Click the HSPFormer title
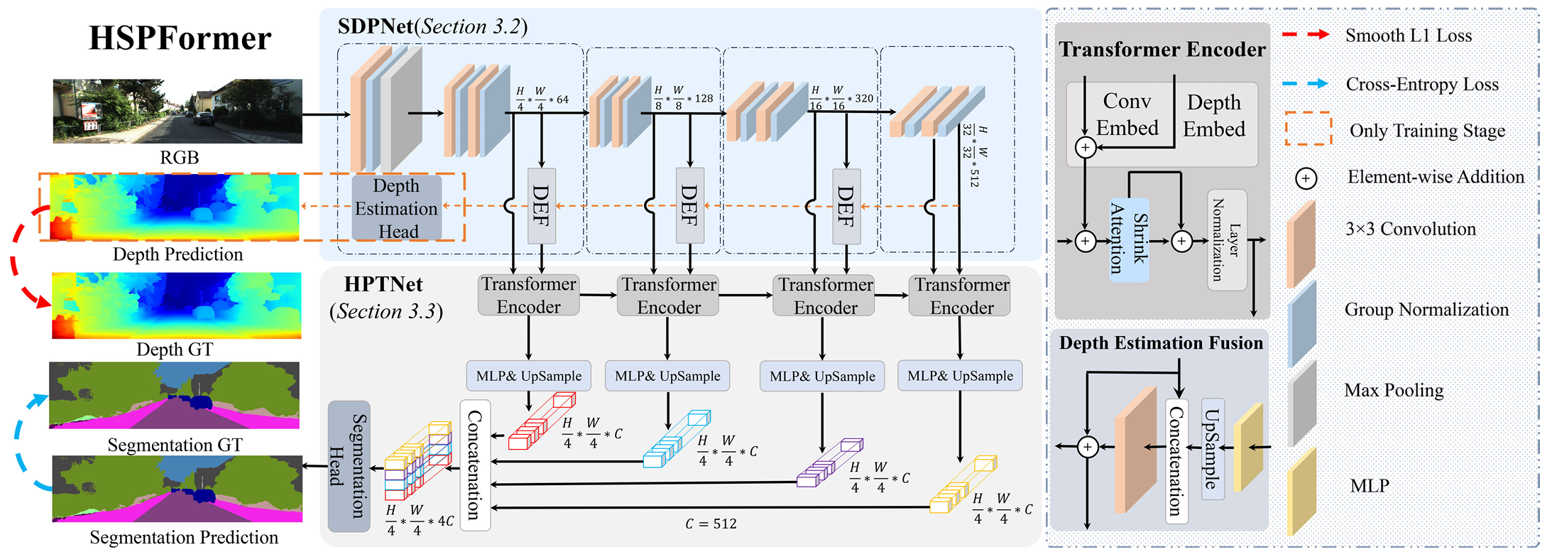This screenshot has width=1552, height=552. point(180,38)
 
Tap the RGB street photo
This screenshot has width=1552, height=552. point(177,111)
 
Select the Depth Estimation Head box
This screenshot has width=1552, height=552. point(397,208)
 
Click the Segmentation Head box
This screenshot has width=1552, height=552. point(349,466)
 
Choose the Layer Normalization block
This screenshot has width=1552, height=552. point(1226,239)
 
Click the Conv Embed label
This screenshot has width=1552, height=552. point(1127,114)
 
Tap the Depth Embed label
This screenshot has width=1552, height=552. point(1214,116)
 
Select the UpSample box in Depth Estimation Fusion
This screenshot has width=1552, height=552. point(1212,448)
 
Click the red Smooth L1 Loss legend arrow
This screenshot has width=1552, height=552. point(1306,35)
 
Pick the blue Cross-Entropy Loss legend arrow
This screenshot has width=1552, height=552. point(1306,84)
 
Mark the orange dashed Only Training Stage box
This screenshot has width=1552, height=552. point(1308,129)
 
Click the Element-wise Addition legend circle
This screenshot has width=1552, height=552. point(1306,178)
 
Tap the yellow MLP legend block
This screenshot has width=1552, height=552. point(1302,490)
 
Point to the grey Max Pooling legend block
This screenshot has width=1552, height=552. point(1302,402)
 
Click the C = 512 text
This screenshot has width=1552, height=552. point(711,524)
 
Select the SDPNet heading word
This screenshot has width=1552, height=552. point(375,26)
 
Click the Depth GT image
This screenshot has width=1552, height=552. point(177,305)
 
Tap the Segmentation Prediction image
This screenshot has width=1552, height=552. point(177,489)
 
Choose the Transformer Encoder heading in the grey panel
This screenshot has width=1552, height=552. point(1162,49)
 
